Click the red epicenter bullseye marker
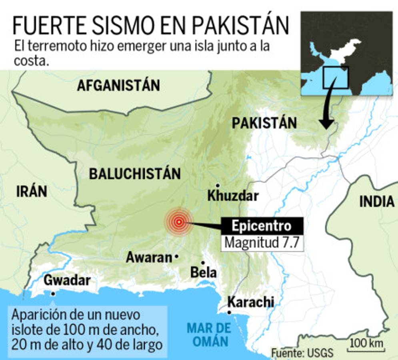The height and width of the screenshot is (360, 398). pyautogui.click(x=179, y=222)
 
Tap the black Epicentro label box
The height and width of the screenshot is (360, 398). pyautogui.click(x=262, y=226)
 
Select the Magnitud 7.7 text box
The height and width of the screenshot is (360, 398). pyautogui.click(x=262, y=243)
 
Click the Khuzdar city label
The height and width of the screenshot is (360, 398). pyautogui.click(x=233, y=196)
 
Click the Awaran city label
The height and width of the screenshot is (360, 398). pyautogui.click(x=149, y=258)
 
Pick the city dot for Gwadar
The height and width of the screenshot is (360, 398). pyautogui.click(x=53, y=293)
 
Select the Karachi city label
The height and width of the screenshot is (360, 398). pyautogui.click(x=251, y=302)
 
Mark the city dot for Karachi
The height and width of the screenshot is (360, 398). pyautogui.click(x=229, y=312)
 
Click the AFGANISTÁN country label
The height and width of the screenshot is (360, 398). pyautogui.click(x=118, y=85)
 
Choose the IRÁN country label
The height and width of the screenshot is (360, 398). pyautogui.click(x=32, y=192)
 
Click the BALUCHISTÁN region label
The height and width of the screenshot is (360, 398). pyautogui.click(x=135, y=174)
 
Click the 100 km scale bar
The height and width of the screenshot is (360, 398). pyautogui.click(x=366, y=346)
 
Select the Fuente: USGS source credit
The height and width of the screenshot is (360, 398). pyautogui.click(x=302, y=353)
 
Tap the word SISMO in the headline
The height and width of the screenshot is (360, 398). pyautogui.click(x=120, y=26)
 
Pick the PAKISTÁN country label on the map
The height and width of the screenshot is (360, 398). pyautogui.click(x=264, y=123)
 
